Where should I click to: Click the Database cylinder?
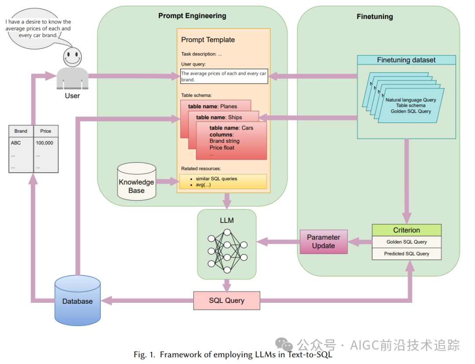pyautogui.click(x=77, y=301)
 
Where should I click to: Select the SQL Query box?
pyautogui.click(x=227, y=301)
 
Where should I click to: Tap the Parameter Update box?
pyautogui.click(x=323, y=241)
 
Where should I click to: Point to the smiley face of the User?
pyautogui.click(x=72, y=56)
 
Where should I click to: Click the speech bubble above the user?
pyautogui.click(x=38, y=28)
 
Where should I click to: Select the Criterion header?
pyautogui.click(x=406, y=230)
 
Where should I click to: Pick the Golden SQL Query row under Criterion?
pyautogui.click(x=406, y=242)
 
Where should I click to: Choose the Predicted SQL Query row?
pyautogui.click(x=406, y=254)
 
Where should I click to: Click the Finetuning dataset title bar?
pyautogui.click(x=406, y=60)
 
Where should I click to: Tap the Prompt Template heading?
pyautogui.click(x=208, y=40)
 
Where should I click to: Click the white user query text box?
pyautogui.click(x=224, y=76)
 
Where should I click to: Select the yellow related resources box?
pyautogui.click(x=223, y=182)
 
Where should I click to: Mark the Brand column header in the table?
pyautogui.click(x=21, y=131)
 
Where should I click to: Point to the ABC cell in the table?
pyautogui.click(x=16, y=143)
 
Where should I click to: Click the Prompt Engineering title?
pyautogui.click(x=192, y=16)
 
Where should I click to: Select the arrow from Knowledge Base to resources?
pyautogui.click(x=168, y=181)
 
